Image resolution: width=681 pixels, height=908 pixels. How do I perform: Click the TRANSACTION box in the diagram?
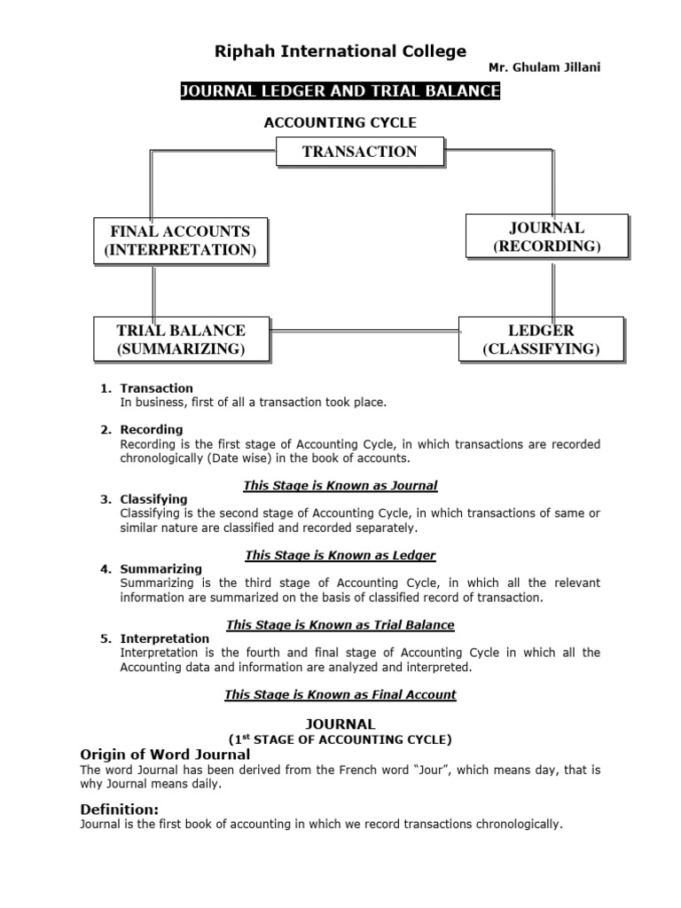coord(359,152)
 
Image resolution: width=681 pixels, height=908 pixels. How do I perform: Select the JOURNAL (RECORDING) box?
coord(546,237)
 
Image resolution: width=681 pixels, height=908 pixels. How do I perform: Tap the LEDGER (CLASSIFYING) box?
coord(541,340)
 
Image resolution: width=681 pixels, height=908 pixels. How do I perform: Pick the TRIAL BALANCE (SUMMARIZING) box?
coord(181,340)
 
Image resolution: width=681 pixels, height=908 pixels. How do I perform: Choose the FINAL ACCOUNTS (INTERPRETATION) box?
coord(180,240)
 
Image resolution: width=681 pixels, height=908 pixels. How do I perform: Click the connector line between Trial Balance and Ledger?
coord(364,333)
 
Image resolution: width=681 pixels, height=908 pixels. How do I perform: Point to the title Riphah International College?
coord(340,51)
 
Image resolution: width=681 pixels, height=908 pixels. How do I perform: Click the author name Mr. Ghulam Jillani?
coord(544,68)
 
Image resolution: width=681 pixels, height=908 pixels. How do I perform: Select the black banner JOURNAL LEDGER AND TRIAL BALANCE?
coord(340,91)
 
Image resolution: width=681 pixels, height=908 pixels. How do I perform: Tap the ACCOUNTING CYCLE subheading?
coord(340,122)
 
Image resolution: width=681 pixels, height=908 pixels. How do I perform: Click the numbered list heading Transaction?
coord(156,388)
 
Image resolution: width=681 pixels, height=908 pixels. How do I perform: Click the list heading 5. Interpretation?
coord(164,638)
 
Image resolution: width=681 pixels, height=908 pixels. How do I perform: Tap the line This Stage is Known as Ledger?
coord(340,555)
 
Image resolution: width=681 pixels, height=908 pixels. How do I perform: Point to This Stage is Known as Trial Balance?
coord(340,625)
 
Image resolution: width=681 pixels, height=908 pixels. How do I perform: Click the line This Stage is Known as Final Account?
coord(340,694)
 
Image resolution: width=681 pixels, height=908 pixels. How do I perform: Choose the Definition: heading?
coord(120,809)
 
